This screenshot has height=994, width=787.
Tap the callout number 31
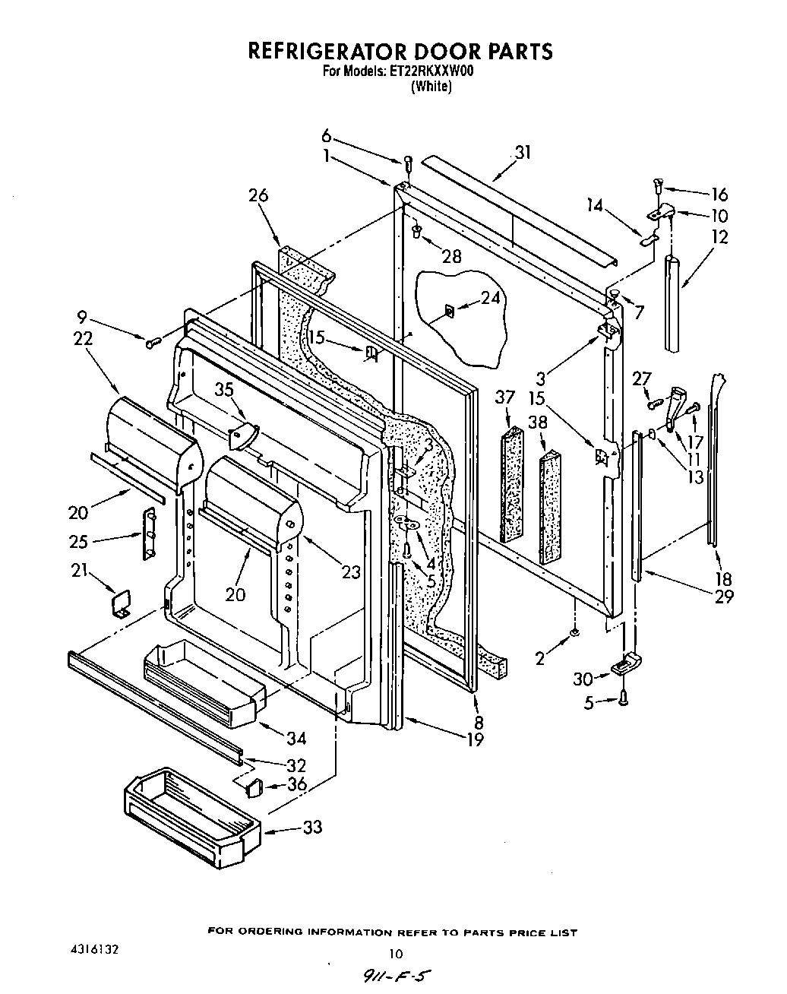[x=522, y=152]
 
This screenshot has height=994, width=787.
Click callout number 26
[x=258, y=195]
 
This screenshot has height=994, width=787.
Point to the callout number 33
[x=311, y=827]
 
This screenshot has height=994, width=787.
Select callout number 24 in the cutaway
[x=491, y=299]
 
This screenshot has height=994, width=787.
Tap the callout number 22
[x=83, y=339]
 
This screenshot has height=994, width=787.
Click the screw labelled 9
[x=151, y=343]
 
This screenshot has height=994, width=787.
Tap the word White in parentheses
[x=431, y=87]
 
